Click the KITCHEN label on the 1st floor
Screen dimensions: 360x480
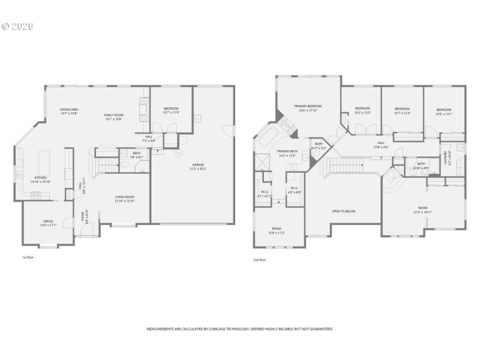tap(40, 178)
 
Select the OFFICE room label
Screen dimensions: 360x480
tap(49, 221)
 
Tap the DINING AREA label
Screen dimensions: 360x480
tap(70, 109)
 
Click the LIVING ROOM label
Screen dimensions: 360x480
tap(125, 197)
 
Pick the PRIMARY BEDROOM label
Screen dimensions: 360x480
tap(308, 106)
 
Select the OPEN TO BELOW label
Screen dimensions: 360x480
tap(344, 211)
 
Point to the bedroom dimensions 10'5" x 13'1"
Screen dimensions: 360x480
tap(443, 113)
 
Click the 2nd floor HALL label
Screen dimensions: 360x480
tap(380, 143)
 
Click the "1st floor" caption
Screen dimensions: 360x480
tap(28, 257)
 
